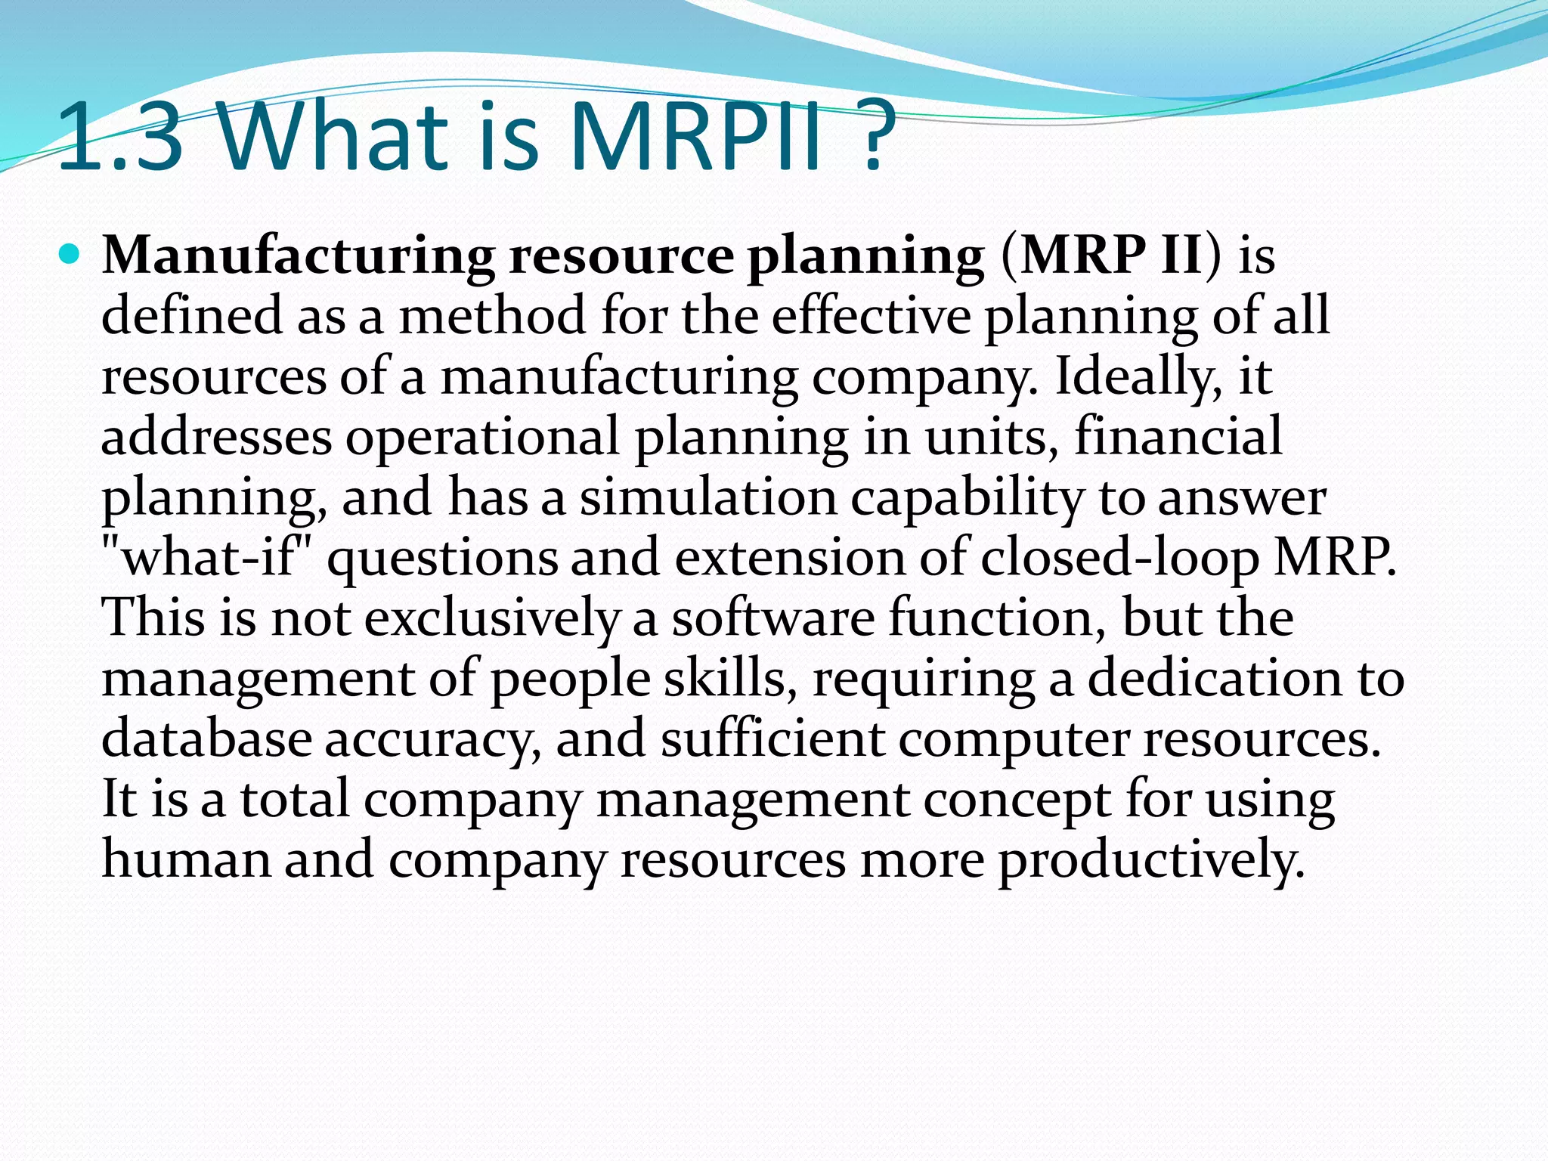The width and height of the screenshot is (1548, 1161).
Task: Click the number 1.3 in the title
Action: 121,138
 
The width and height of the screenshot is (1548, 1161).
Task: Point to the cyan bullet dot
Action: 69,255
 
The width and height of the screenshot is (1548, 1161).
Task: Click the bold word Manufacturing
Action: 298,256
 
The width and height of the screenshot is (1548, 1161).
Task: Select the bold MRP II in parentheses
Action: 1111,256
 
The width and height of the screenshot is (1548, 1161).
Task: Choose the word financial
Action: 1178,437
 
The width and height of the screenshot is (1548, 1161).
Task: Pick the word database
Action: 206,738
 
